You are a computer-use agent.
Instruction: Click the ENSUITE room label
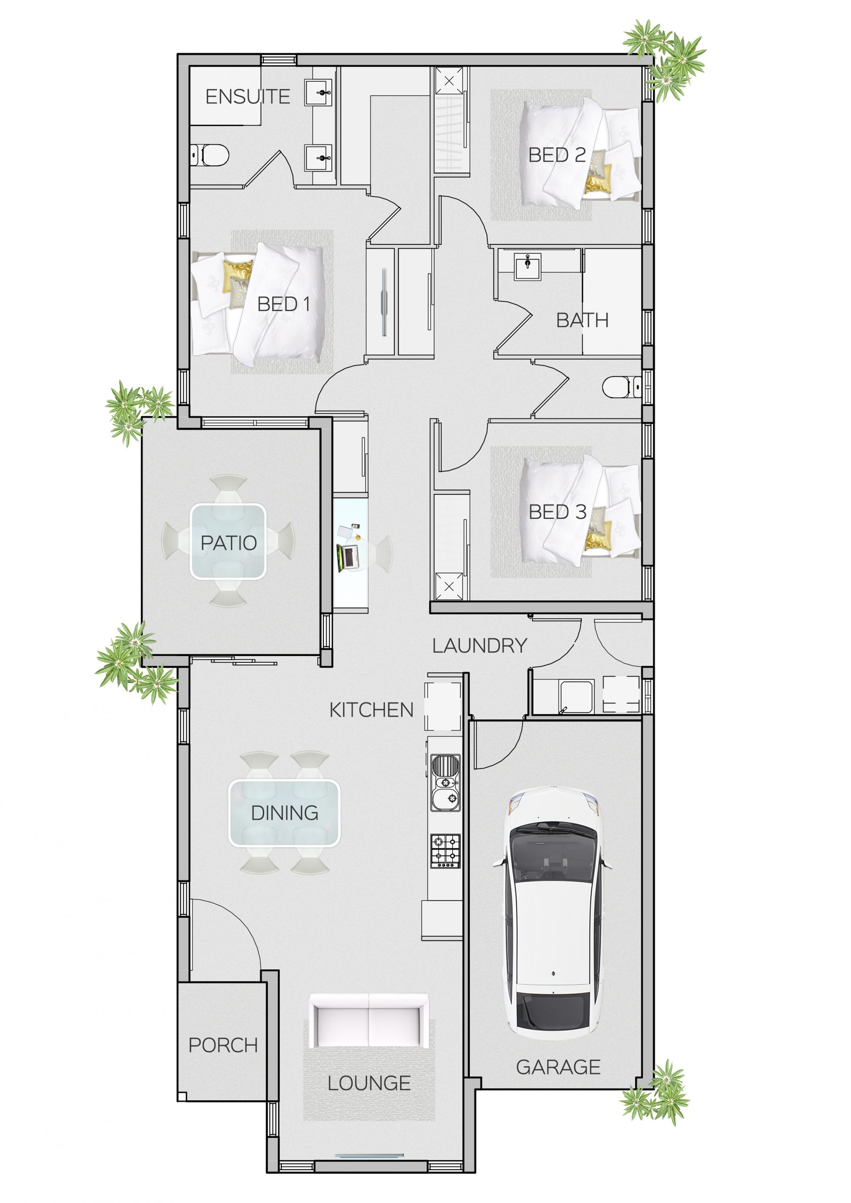click(247, 97)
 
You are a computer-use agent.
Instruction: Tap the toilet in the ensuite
click(211, 156)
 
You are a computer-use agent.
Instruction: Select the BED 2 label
click(557, 155)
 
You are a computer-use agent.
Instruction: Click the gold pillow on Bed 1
click(237, 276)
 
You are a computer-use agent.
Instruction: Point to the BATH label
click(582, 320)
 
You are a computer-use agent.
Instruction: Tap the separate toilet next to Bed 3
click(621, 388)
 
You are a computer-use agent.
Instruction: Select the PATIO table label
click(229, 543)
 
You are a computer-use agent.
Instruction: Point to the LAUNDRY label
click(479, 646)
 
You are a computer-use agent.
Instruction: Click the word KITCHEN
click(371, 711)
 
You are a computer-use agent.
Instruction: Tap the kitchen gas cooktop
click(445, 851)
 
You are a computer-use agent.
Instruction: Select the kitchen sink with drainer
click(445, 783)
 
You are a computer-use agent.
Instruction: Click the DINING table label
click(285, 813)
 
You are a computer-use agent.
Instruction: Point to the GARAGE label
click(558, 1067)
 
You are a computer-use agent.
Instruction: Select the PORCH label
click(223, 1045)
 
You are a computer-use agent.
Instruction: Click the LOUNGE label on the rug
click(369, 1084)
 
